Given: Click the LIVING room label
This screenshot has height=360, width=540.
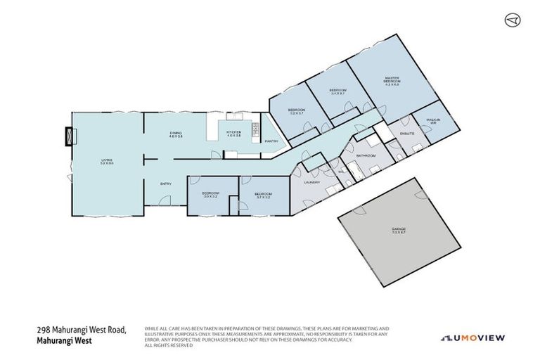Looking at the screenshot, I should click(x=106, y=162).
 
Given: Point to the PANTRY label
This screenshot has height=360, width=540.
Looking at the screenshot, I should click(x=271, y=141).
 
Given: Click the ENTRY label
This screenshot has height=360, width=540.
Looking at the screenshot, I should click(x=166, y=184).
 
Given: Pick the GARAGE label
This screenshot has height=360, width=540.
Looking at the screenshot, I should click(x=399, y=229).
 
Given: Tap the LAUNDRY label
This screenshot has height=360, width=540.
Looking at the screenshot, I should click(x=312, y=182).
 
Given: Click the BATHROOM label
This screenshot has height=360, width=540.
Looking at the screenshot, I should click(x=366, y=155).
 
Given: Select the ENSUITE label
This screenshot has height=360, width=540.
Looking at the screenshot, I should click(x=406, y=133).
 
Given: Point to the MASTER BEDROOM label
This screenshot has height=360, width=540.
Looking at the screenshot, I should click(x=392, y=81).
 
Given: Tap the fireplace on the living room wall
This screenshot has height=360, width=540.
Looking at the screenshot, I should click(x=69, y=135).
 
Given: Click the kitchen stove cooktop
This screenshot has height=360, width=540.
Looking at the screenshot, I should click(x=255, y=129).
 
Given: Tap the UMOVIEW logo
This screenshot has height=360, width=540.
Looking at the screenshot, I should click(x=472, y=337).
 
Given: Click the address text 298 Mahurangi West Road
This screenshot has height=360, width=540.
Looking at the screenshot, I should click(x=81, y=330).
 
